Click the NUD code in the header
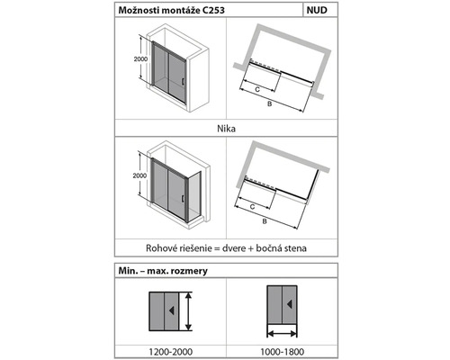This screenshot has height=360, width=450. [317, 10]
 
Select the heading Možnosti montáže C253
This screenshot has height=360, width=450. [171, 11]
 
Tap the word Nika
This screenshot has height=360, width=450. [226, 129]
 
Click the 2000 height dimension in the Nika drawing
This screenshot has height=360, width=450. [140, 59]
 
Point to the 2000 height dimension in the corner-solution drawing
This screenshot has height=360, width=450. [139, 175]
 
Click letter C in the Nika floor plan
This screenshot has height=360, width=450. [257, 89]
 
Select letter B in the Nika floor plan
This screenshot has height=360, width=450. [269, 104]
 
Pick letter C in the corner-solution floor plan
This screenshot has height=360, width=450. [252, 207]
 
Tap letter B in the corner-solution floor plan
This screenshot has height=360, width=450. [265, 221]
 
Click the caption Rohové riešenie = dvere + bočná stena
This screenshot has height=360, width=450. [226, 248]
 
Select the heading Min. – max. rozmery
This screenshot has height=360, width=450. [163, 271]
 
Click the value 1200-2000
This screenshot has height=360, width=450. [170, 351]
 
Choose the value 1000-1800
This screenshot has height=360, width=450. [282, 351]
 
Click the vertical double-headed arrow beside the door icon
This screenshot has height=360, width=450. [188, 311]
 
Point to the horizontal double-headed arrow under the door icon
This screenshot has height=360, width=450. [282, 333]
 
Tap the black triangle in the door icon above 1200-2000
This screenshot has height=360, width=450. [171, 310]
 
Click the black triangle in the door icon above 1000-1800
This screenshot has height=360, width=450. [289, 304]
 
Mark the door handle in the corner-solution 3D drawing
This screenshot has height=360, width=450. [182, 199]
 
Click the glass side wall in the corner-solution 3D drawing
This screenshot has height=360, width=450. [194, 196]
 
